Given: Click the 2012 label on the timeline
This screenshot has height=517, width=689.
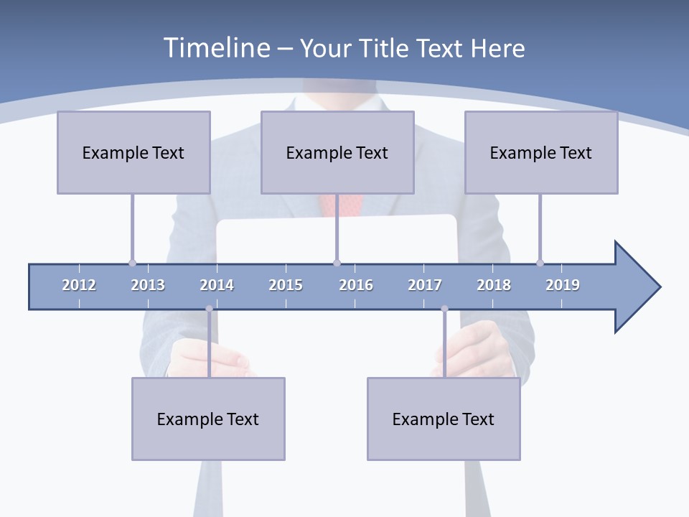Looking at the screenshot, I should point(79,285).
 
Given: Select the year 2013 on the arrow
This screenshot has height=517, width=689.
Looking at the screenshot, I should point(148,285).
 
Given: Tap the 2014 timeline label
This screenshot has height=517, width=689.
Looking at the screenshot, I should point(217,285).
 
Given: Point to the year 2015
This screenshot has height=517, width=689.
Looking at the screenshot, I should point(286,285).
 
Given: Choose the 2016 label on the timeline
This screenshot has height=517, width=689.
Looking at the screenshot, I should point(356,285).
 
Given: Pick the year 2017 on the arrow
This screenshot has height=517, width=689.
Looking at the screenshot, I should point(425,285).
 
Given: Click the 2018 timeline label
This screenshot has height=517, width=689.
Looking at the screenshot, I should point(494,285).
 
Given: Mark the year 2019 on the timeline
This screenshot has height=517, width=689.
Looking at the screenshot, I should point(563,285).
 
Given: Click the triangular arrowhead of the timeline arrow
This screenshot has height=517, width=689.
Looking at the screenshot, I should point(635,287).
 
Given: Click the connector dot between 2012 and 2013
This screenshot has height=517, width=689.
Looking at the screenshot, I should point(132,263).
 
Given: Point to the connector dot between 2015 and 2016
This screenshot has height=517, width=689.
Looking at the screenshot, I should point(337,263).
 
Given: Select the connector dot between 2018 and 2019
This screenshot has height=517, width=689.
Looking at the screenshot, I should point(540,263).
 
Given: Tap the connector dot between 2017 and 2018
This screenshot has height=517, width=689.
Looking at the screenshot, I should point(444,309).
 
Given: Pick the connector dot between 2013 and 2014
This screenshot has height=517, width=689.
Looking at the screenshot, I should point(209,309).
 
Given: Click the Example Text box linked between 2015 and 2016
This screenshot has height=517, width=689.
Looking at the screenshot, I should point(337,152).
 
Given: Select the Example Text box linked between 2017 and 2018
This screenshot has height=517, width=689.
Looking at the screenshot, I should point(444,419).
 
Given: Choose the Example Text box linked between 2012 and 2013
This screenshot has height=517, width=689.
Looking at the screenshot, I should point(133,152).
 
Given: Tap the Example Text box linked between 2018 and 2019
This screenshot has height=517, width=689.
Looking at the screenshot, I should point(541,152).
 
